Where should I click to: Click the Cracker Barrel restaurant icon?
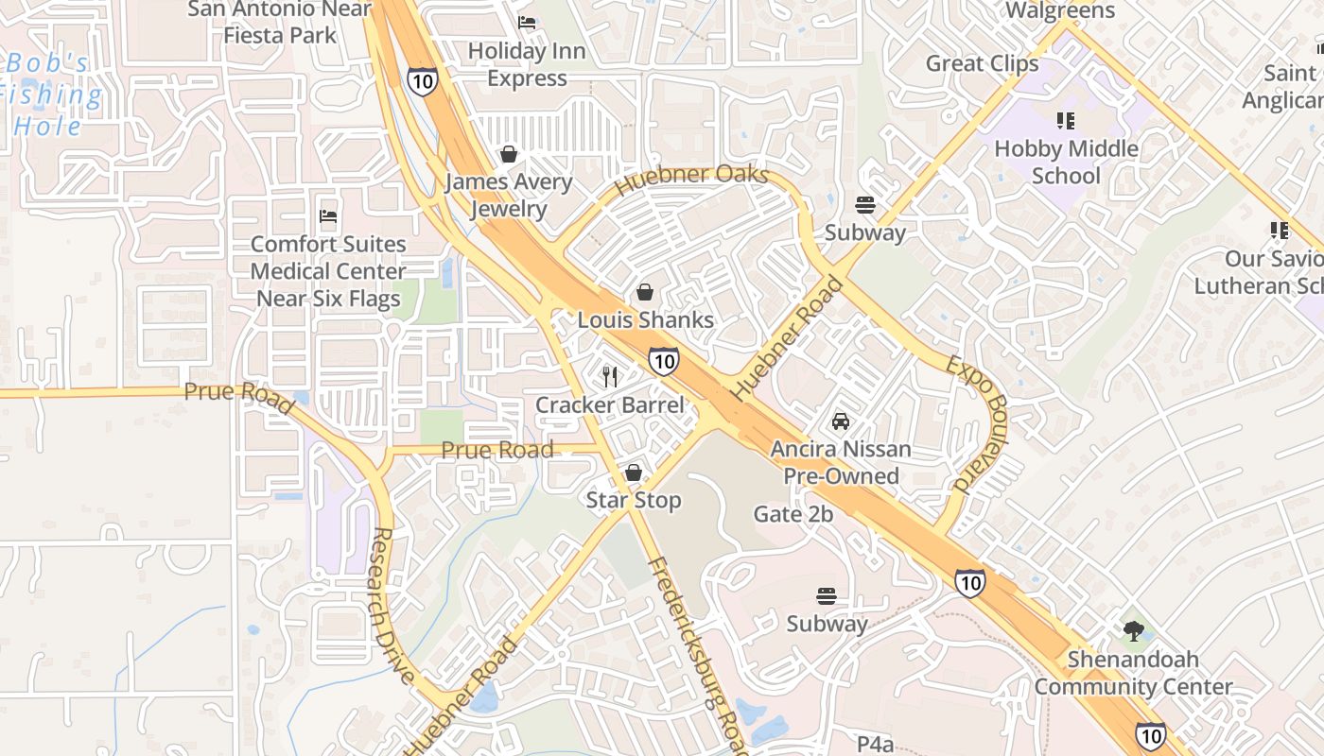coord(610,377)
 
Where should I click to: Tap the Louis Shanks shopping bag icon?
coord(645,293)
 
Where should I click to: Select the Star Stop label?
coord(634,500)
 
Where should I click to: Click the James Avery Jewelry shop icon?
coord(509,154)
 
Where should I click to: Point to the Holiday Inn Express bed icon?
coord(527,23)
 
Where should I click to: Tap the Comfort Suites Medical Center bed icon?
coord(328,216)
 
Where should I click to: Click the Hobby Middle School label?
coord(1066,162)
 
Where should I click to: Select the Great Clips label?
coord(982,63)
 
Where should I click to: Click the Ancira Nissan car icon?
coord(841,421)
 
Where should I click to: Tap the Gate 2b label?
coord(793,514)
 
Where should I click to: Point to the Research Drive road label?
coord(392,605)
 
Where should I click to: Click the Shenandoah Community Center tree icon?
coord(1133,631)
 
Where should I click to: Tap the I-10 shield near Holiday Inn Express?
coord(423,81)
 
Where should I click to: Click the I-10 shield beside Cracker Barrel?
coord(663,360)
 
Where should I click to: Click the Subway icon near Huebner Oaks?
coord(864,205)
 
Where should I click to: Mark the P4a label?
coord(875,744)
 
